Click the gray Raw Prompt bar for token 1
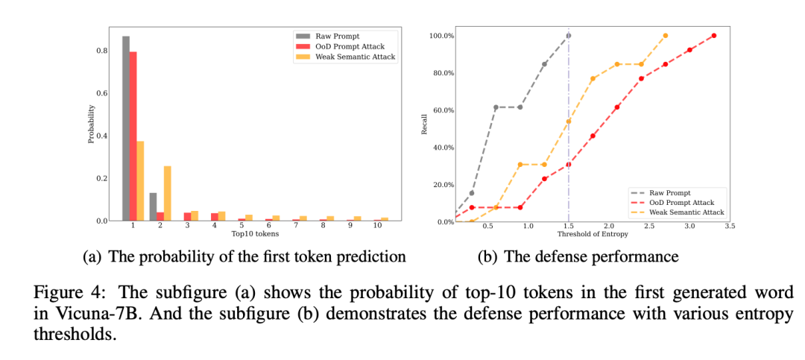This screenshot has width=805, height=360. (126, 128)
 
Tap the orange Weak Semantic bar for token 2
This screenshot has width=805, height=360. (167, 193)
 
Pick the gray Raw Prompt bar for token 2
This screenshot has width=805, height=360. (154, 206)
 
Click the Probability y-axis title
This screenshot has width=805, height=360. (91, 124)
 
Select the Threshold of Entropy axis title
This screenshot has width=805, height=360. (593, 234)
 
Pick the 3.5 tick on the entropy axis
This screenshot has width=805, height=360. (729, 225)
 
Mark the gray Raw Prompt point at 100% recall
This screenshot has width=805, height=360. (569, 36)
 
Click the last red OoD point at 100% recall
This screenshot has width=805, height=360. (713, 36)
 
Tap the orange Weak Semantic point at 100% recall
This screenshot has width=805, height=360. (665, 36)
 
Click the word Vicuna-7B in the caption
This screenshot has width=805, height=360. (79, 314)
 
